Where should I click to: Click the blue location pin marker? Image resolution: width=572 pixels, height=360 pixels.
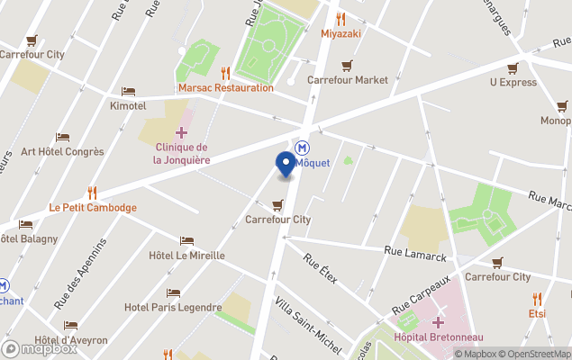pos(286,164)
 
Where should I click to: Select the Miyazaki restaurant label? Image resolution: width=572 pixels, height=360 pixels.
pos(340,33)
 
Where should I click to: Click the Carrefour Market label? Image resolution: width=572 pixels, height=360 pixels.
pos(347,79)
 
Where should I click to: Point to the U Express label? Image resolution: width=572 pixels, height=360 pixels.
pos(513,82)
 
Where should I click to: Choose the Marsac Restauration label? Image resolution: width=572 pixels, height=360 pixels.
pos(225,87)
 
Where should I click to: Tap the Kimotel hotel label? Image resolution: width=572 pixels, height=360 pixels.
pos(128,105)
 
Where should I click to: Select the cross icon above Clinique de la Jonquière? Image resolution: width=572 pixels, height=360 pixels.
pos(182,132)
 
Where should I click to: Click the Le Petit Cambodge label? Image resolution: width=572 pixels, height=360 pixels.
pos(93,207)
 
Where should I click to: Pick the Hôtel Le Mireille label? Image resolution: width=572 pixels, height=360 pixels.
pos(186,255)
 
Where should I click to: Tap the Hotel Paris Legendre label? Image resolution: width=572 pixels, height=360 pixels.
pos(173,307)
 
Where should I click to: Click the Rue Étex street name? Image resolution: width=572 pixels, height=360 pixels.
pos(320,268)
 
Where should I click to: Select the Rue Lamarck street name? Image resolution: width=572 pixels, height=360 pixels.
pos(414,255)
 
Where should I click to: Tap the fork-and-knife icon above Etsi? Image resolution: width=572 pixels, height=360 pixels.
pos(537,299)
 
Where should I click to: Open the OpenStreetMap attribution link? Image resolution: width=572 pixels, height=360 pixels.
pos(537,353)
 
